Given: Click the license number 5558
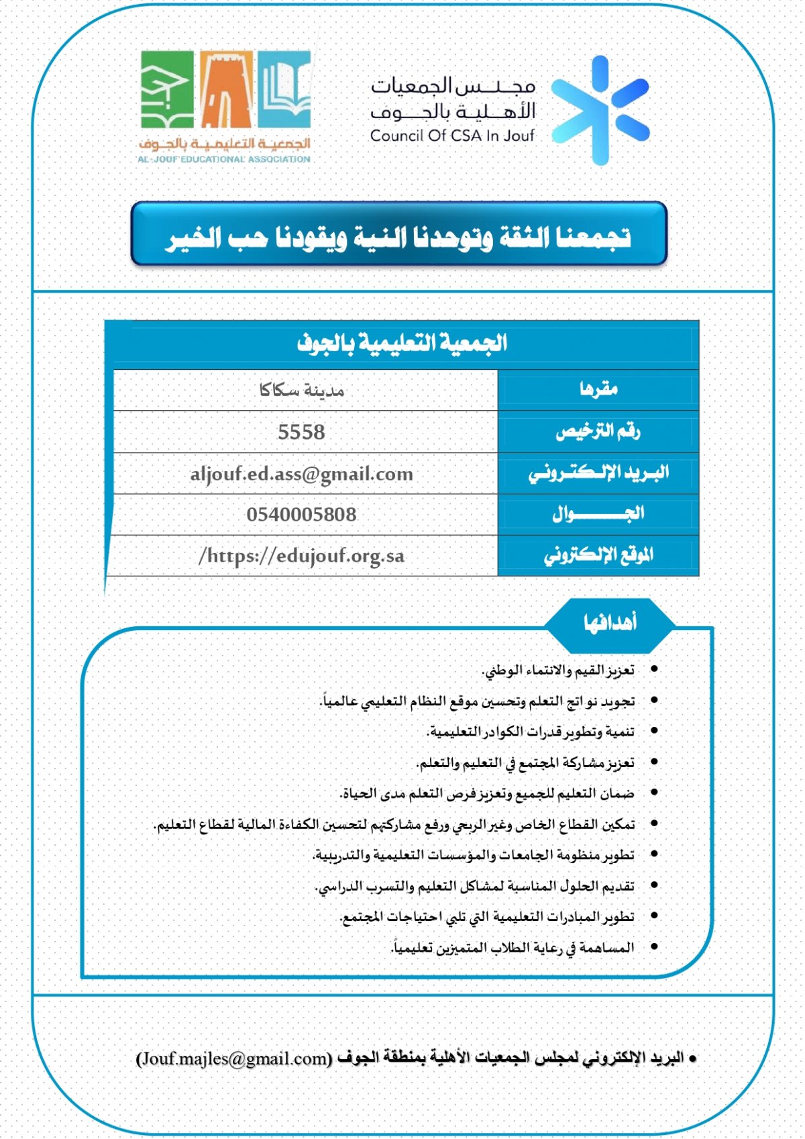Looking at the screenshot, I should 301,432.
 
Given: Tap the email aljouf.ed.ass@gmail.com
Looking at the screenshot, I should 301,474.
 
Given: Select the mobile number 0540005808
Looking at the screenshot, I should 301,515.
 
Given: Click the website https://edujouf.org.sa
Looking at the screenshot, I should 301,556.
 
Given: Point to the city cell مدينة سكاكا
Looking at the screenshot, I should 301,390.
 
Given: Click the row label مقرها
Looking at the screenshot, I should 598,389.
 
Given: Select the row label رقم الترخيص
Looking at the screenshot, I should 598,432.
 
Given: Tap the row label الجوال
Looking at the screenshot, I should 598,514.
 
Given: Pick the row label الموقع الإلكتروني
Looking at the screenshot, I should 598,556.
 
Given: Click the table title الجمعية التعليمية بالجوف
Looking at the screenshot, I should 402,344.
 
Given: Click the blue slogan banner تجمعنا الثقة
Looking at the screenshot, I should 399,235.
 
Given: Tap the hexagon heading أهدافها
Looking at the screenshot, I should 609,623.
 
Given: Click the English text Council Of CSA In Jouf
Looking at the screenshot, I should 452,136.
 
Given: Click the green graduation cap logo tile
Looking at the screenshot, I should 166,89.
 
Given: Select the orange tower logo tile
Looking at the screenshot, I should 227,89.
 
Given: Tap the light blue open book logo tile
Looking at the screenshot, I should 285,89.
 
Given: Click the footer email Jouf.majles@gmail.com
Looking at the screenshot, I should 234,1058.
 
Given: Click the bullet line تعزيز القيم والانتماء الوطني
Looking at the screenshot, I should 558,670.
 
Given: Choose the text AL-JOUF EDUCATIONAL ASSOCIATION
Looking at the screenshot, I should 224,160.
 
